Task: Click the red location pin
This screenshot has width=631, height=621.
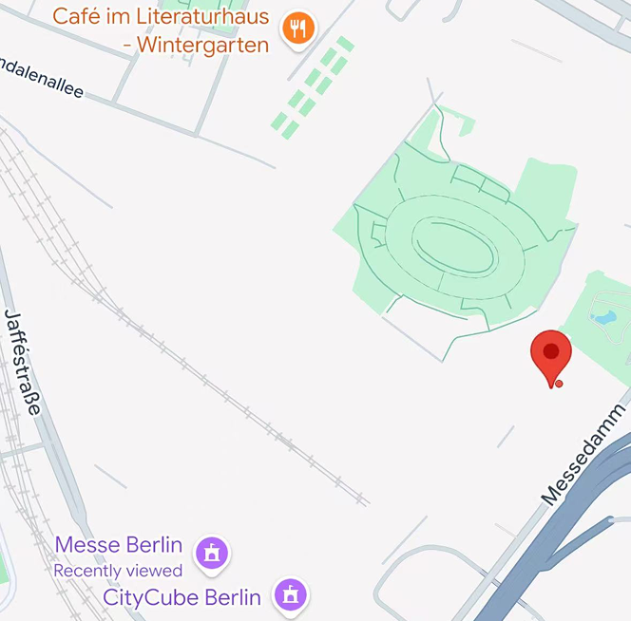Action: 551,356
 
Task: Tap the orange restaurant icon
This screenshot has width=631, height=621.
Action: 298,28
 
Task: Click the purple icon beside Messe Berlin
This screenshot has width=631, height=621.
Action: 212,553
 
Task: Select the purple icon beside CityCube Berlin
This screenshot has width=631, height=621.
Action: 291,595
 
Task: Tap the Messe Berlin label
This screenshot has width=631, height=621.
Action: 119,545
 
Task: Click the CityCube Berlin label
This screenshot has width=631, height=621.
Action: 182,597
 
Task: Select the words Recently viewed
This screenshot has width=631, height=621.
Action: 118,571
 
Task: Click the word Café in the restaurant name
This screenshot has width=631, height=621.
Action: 77,17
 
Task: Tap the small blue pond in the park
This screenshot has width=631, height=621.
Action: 603,312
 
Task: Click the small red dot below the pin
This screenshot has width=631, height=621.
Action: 559,384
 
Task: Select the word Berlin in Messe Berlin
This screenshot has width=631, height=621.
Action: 152,545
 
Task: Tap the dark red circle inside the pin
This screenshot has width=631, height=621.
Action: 551,351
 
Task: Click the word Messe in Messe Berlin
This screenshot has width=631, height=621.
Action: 86,545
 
